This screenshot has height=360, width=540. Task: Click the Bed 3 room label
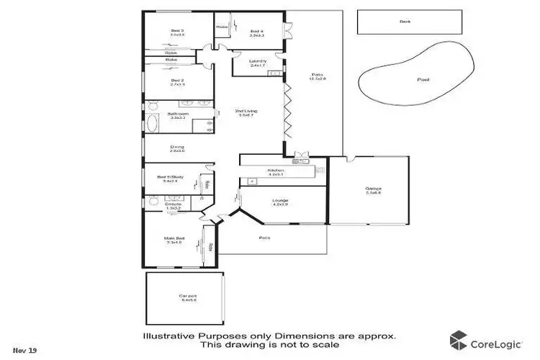[178, 32]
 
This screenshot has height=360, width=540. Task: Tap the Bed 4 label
[257, 32]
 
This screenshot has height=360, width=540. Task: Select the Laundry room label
[258, 61]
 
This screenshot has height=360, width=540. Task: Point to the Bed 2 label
[178, 81]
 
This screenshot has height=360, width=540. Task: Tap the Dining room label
[177, 148]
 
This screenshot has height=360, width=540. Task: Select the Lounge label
[280, 202]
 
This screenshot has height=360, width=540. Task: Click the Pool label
[423, 79]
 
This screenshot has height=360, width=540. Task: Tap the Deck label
[405, 22]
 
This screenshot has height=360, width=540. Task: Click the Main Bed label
[176, 241]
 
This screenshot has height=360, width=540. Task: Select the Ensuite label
[173, 205]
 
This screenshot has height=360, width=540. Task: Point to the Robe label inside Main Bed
[210, 247]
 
